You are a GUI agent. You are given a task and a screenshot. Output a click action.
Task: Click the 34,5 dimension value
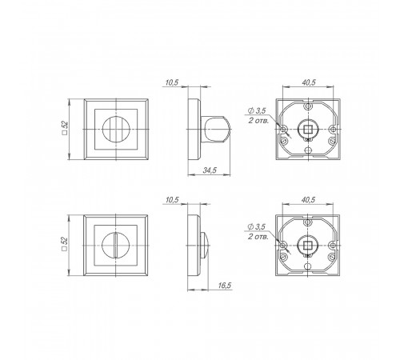point(210,170)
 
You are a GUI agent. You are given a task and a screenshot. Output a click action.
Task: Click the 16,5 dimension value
point(225,286)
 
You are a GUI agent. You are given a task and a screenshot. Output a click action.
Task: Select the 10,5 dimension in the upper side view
point(172,82)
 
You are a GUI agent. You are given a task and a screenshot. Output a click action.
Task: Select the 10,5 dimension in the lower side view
point(172,200)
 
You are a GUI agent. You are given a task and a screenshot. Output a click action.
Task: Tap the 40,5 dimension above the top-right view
point(309,82)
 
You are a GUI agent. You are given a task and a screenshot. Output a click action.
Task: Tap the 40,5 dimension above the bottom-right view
point(308,199)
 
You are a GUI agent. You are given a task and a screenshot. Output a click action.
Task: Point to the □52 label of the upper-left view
point(65,128)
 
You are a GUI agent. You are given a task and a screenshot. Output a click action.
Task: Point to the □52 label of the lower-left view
point(65,244)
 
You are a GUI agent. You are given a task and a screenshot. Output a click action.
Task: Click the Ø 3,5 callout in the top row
point(257,110)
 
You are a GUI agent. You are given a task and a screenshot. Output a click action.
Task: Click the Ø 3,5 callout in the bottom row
point(257,227)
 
